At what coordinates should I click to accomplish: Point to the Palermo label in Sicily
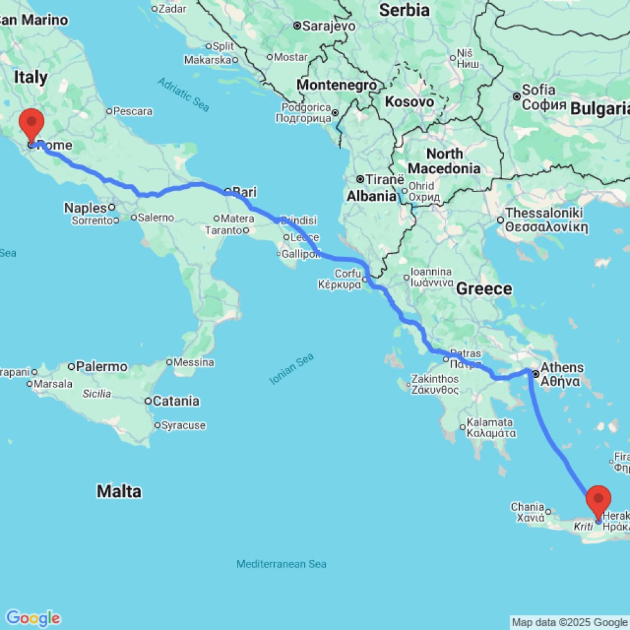[x=101, y=366]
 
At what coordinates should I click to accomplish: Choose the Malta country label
[x=119, y=491]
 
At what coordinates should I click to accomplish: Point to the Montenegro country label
[x=337, y=84]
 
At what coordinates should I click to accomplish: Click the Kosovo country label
[x=409, y=101]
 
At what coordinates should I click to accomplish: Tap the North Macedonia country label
[x=445, y=161]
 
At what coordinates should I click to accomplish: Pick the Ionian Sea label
[x=291, y=369]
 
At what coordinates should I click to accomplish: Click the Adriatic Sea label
[x=183, y=94]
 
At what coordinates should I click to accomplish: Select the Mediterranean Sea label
[x=281, y=564]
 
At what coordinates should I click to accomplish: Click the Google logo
[x=32, y=617]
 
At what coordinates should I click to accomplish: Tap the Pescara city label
[x=133, y=112]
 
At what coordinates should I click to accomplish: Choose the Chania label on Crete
[x=528, y=507]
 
